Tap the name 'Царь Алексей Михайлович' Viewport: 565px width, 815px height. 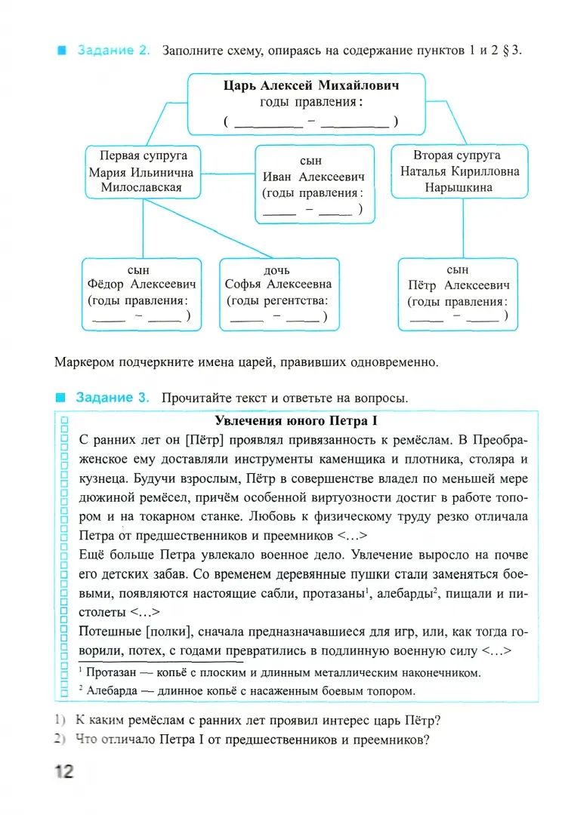click(311, 85)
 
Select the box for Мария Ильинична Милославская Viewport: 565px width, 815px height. click(141, 172)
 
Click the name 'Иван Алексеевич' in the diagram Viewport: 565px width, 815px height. click(313, 177)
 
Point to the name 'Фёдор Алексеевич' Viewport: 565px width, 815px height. click(141, 284)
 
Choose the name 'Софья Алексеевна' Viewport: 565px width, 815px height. click(278, 284)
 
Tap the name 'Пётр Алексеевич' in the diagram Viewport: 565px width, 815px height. click(458, 285)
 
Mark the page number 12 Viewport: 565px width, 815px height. click(63, 772)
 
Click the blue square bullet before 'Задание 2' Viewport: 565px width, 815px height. click(61, 51)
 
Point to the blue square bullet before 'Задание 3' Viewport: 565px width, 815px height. click(61, 398)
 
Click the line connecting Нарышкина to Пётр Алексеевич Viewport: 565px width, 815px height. click(462, 228)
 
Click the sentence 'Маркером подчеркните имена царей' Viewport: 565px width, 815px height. click(246, 362)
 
